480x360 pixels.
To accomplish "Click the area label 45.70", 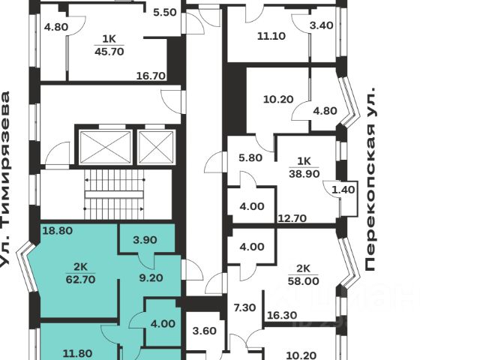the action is point(109,51).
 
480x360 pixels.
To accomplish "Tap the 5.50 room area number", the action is point(164,13).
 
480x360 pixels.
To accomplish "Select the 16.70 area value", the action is point(150,75).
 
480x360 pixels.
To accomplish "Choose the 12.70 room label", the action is point(293,219).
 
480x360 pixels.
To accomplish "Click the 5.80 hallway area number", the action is point(250,158).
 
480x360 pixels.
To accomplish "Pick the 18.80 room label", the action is point(58,231).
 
